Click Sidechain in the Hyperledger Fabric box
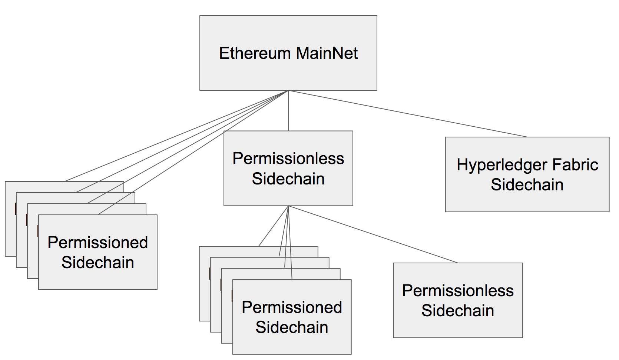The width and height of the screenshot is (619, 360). click(x=527, y=185)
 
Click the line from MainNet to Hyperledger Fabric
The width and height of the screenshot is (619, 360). click(x=408, y=114)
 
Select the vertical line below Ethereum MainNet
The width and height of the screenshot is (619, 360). click(x=288, y=111)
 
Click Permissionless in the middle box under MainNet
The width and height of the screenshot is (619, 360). click(x=288, y=159)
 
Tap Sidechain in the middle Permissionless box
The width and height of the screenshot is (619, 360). click(x=288, y=179)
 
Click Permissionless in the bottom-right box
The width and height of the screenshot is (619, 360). click(x=458, y=291)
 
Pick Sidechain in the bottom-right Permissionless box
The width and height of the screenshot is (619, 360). click(x=458, y=311)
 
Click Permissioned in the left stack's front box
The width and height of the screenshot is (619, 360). click(x=98, y=243)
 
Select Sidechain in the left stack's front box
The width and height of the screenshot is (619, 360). click(x=98, y=263)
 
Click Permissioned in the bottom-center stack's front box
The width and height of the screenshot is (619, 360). click(x=292, y=307)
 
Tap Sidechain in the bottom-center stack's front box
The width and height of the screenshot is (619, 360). click(x=292, y=327)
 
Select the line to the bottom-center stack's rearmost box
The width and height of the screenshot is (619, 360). click(x=274, y=226)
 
